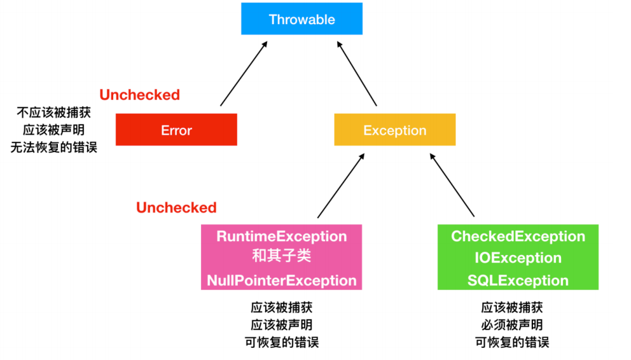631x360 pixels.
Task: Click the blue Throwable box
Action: pos(302,19)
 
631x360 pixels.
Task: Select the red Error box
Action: pos(176,130)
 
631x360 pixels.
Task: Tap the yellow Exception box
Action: pos(395,130)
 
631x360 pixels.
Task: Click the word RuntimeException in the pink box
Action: pos(282,237)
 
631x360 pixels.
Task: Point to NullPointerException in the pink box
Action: pos(282,280)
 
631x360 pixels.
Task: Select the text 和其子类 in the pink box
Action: pos(282,258)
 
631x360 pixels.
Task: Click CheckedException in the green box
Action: pos(518,237)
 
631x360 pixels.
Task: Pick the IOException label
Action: pos(518,258)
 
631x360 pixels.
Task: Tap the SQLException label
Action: pos(518,280)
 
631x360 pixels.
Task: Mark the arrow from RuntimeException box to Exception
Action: pos(341,185)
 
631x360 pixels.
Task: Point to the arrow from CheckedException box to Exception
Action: pos(452,185)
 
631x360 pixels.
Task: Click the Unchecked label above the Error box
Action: pos(140,95)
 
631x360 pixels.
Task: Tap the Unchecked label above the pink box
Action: pos(176,207)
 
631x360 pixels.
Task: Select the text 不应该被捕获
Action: pos(54,113)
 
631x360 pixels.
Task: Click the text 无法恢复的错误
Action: pos(54,149)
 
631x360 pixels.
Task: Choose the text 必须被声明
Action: pos(512,325)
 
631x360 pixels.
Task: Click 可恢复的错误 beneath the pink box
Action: pos(282,342)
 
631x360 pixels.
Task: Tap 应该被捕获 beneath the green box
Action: pos(512,308)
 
